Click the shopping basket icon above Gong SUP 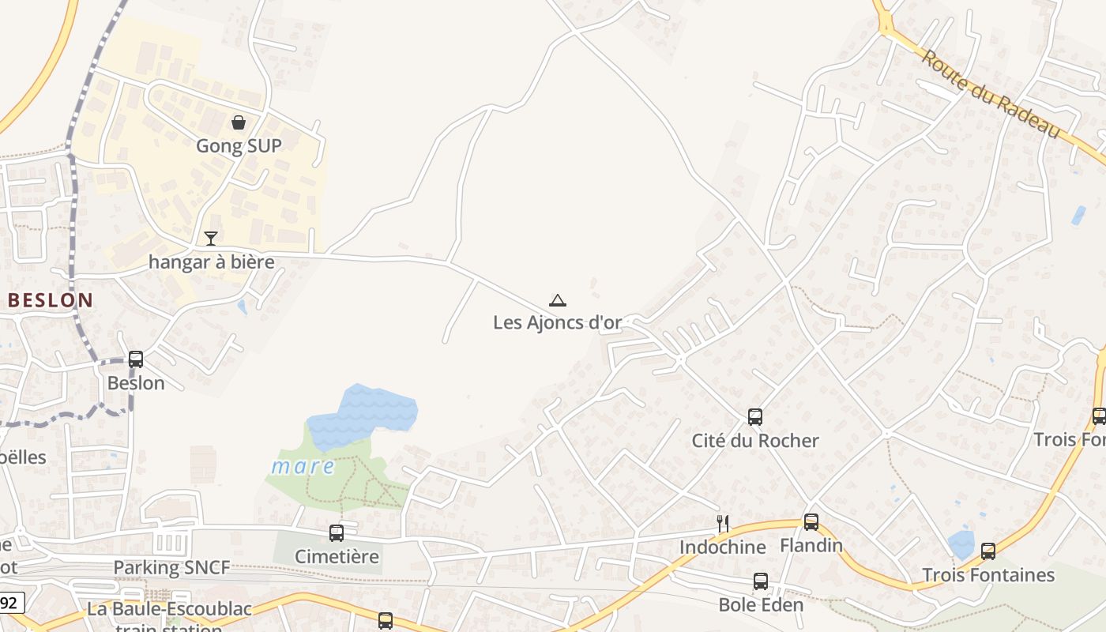(x=238, y=122)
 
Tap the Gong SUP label (x=238, y=146)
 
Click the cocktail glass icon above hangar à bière (x=211, y=238)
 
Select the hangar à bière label (x=212, y=261)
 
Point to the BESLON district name (x=51, y=300)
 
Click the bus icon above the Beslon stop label (x=136, y=359)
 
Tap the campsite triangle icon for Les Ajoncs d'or (x=558, y=300)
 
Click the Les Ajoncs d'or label (x=558, y=322)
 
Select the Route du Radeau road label (x=991, y=94)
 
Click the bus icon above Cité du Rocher (x=755, y=416)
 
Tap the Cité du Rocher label (x=755, y=440)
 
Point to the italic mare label (x=303, y=466)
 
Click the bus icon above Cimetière (x=337, y=533)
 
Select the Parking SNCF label (x=172, y=567)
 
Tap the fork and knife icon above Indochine (x=722, y=523)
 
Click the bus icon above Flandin (x=811, y=522)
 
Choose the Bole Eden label (x=761, y=605)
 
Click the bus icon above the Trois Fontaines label (x=988, y=551)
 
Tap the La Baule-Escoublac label (x=170, y=609)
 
